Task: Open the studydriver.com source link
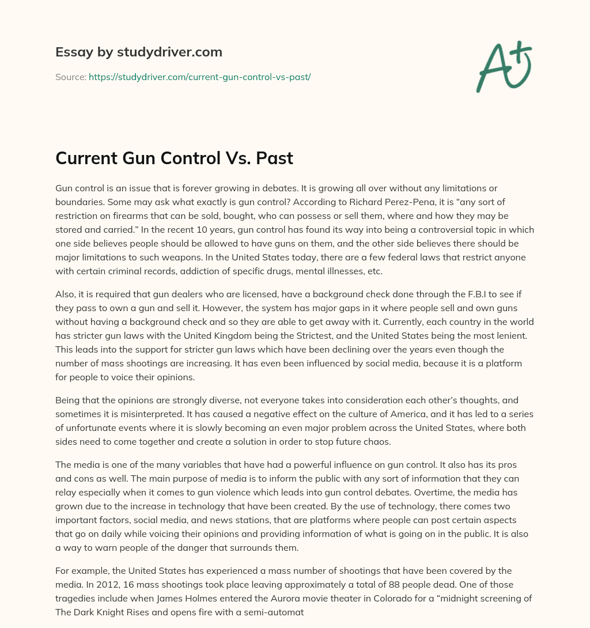click(199, 77)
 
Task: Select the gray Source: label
click(71, 77)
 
